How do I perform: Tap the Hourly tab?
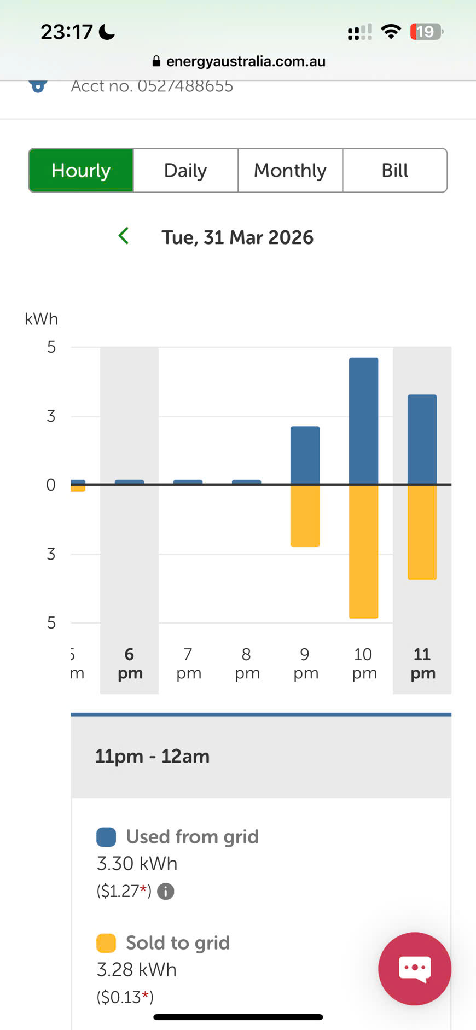(x=81, y=170)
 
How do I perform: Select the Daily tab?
(x=185, y=170)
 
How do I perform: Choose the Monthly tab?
(x=290, y=170)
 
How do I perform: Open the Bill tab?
(x=394, y=170)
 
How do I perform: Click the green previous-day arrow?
(x=124, y=236)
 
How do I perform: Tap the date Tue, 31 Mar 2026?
(x=237, y=237)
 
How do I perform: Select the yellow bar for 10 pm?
(x=363, y=551)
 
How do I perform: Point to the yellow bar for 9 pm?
(x=305, y=515)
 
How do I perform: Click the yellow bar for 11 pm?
(x=422, y=532)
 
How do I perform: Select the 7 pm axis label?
(x=188, y=663)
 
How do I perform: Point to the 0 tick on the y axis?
(x=51, y=485)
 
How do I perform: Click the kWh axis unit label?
(x=41, y=319)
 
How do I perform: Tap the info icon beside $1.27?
(x=166, y=892)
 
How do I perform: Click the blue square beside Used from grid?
(x=106, y=837)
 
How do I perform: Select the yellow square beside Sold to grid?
(x=106, y=943)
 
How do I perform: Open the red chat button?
(x=414, y=969)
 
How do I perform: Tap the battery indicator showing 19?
(x=426, y=32)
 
